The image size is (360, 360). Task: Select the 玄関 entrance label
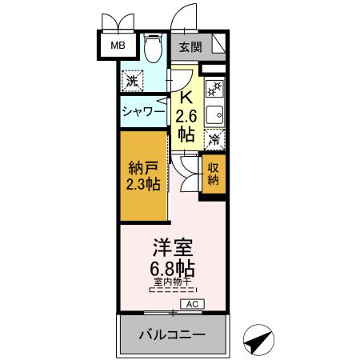190,46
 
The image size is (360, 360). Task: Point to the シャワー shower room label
143,113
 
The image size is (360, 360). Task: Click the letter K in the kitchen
186,98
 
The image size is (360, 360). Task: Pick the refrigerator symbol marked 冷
214,140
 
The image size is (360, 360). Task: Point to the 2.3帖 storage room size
142,185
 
